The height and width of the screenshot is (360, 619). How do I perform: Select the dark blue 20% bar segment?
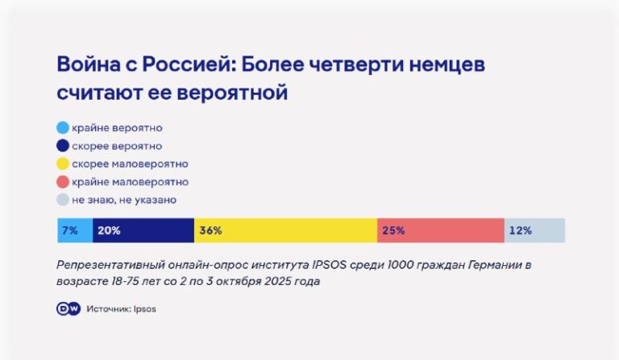tap(143, 230)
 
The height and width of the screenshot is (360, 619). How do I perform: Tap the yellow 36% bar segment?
tap(285, 230)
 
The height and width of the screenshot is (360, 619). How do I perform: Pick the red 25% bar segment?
tap(440, 230)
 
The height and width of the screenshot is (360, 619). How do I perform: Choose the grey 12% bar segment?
tap(534, 230)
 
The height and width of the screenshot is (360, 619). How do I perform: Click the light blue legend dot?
tap(63, 128)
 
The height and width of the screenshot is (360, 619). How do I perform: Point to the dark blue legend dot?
tap(63, 146)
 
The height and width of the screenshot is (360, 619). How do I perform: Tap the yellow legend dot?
tap(63, 163)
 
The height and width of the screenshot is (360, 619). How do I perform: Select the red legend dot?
tap(63, 182)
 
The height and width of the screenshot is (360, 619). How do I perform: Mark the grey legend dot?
tap(63, 200)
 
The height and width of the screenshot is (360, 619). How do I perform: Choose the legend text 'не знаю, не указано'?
tap(123, 200)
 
